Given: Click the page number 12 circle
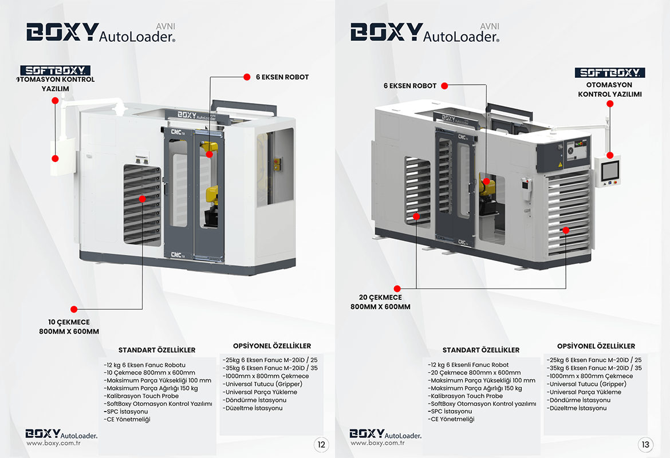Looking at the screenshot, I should click(321, 444).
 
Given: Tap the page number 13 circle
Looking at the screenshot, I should click(645, 444).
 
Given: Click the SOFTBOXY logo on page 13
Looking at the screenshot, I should click(609, 73).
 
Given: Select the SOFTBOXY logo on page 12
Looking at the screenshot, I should click(56, 71).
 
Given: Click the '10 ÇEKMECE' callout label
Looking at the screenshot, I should click(69, 322).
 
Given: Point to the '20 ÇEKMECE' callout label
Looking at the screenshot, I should click(380, 298).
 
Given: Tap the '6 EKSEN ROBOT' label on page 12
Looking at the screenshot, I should click(282, 77).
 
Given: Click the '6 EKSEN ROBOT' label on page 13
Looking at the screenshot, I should click(410, 86).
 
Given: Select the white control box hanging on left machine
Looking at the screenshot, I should click(62, 157).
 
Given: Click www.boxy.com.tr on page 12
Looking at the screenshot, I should click(53, 443).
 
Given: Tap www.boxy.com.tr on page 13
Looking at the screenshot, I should click(377, 443).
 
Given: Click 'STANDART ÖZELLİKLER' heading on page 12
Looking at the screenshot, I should click(157, 350).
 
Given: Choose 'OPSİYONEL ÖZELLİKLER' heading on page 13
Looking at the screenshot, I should click(596, 346).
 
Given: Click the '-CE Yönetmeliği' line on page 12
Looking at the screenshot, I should click(127, 420).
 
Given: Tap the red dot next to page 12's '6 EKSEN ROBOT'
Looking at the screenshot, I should click(247, 77).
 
